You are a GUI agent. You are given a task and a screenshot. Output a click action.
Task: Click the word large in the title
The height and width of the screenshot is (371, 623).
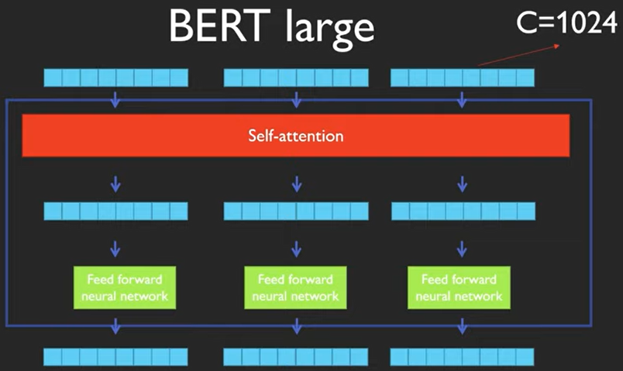coord(326,27)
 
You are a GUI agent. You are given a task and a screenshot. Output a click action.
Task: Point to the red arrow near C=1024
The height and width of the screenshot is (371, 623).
coord(519,53)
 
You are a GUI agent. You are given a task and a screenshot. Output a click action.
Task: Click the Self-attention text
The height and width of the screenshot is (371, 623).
coord(295,136)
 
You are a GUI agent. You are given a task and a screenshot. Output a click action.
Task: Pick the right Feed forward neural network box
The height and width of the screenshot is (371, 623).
coord(459,287)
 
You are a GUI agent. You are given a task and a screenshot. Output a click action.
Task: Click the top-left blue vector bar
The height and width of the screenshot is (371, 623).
coord(116,77)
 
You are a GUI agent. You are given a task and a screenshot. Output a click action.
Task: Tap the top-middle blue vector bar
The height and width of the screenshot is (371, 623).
coord(295,77)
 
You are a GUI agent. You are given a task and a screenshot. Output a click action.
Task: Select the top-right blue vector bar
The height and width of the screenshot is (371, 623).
coord(463,77)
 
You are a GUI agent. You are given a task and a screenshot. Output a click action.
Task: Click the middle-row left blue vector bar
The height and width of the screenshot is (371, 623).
coord(116,211)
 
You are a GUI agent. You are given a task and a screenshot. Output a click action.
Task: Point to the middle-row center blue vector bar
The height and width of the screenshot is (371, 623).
coord(295,211)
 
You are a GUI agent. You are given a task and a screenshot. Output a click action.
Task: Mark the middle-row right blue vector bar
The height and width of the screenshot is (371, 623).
coord(463,211)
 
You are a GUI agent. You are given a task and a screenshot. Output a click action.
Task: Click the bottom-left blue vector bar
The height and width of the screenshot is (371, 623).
coord(116,356)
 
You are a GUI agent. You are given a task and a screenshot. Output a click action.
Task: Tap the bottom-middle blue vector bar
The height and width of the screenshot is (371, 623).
coord(295,356)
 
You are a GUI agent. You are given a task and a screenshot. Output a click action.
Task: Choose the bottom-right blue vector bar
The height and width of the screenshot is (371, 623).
coord(463,356)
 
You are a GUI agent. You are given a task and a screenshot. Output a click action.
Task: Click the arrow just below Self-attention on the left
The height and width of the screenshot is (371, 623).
coord(115,183)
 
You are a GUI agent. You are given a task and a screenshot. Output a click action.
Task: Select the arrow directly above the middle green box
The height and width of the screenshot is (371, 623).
coord(295,249)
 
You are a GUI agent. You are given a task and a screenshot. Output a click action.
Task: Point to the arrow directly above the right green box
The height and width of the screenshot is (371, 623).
coord(463,249)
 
